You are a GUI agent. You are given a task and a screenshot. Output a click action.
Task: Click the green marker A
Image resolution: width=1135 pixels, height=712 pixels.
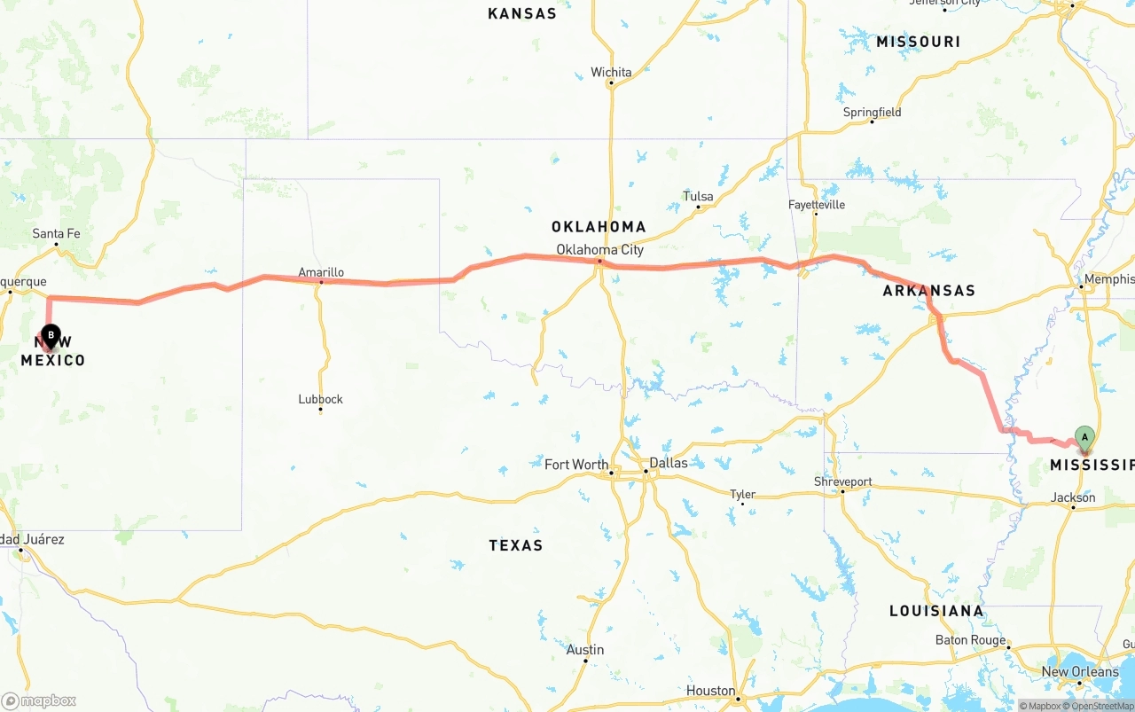pyautogui.click(x=1084, y=436)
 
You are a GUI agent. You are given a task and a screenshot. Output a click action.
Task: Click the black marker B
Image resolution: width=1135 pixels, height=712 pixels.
pyautogui.click(x=51, y=336)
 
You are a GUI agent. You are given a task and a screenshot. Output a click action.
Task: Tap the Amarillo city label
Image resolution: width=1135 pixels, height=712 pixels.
pyautogui.click(x=321, y=272)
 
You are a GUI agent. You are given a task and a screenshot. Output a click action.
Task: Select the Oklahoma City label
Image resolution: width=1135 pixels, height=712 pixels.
pyautogui.click(x=599, y=250)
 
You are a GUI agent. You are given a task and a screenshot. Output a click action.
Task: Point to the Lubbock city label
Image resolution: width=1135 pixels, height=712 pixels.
pyautogui.click(x=320, y=399)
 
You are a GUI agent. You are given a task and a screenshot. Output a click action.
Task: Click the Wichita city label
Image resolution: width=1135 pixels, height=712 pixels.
pyautogui.click(x=611, y=72)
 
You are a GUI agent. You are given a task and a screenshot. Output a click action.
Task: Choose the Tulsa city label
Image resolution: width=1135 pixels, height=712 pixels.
pyautogui.click(x=698, y=196)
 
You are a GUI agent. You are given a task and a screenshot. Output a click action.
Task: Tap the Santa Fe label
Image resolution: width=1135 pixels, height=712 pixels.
pyautogui.click(x=56, y=233)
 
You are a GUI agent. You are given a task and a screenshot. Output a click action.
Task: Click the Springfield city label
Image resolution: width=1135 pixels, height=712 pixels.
pyautogui.click(x=872, y=112)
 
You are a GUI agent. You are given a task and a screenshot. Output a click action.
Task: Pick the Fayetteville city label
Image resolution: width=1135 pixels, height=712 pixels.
pyautogui.click(x=817, y=205)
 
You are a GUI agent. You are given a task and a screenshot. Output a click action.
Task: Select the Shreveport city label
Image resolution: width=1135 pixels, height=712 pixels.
pyautogui.click(x=842, y=481)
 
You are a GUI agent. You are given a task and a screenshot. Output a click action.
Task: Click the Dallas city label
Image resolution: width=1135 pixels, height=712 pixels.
pyautogui.click(x=668, y=463)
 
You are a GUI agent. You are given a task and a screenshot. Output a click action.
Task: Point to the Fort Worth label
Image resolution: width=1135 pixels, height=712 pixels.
pyautogui.click(x=576, y=464)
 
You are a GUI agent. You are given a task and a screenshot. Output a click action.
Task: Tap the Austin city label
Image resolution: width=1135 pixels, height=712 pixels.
pyautogui.click(x=585, y=650)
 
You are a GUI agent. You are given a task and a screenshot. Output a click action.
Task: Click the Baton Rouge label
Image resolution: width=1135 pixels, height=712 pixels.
pyautogui.click(x=970, y=640)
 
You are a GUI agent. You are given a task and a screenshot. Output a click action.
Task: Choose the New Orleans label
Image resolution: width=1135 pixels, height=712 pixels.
pyautogui.click(x=1080, y=671)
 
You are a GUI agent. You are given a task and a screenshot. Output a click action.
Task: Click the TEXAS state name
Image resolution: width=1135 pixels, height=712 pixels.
pyautogui.click(x=515, y=545)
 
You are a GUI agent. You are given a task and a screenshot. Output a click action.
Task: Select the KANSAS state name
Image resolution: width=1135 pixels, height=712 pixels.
pyautogui.click(x=522, y=13)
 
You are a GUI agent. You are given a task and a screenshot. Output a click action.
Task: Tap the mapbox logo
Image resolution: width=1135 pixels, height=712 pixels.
pyautogui.click(x=39, y=700)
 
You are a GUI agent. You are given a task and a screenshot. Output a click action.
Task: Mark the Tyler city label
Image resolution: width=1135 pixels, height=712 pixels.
pyautogui.click(x=742, y=495)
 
